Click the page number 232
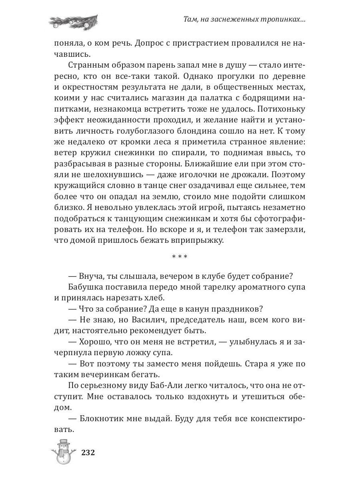click(87, 453)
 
